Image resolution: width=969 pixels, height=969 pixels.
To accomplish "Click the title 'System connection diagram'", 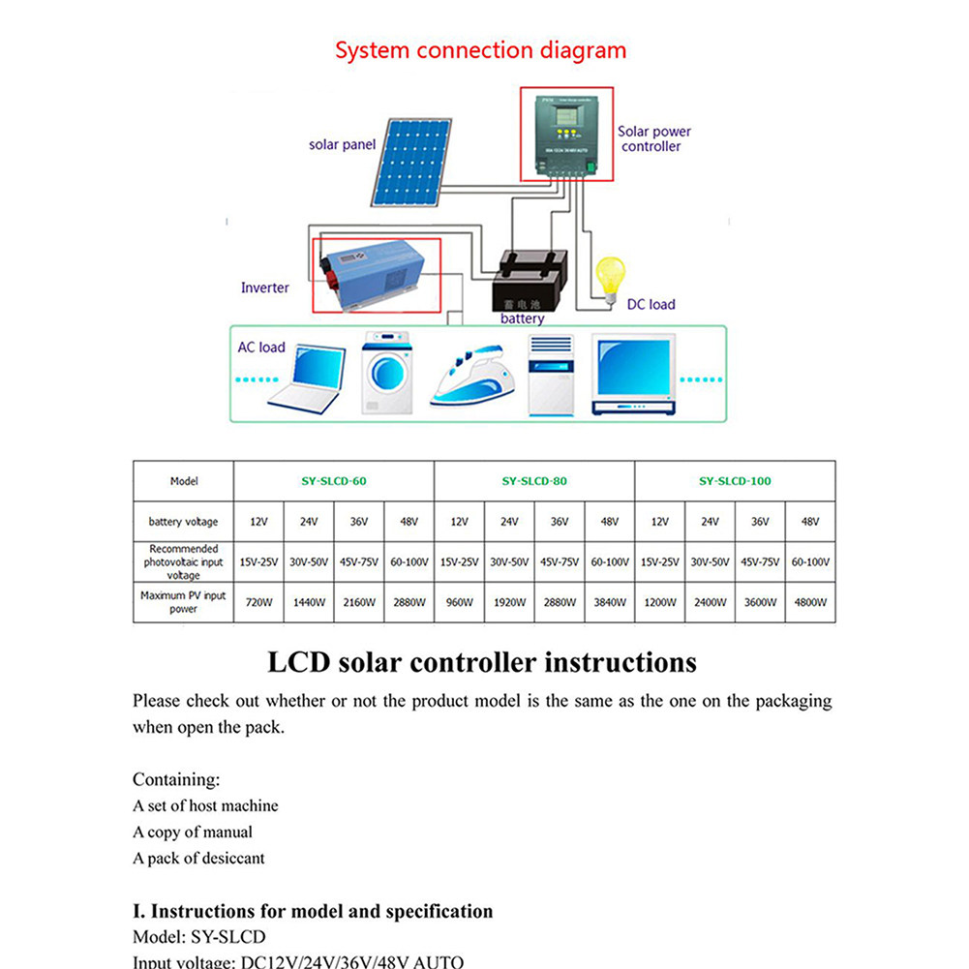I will pyautogui.click(x=480, y=50).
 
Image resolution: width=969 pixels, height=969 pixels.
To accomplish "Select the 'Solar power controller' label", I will pyautogui.click(x=653, y=138).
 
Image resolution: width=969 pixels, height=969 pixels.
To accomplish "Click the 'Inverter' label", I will pyautogui.click(x=265, y=288).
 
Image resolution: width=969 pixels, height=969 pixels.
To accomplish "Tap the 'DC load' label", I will pyautogui.click(x=651, y=304).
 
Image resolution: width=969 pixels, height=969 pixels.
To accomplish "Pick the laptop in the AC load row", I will pyautogui.click(x=303, y=378).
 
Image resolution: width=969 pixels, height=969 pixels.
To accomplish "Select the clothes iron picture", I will pyautogui.click(x=471, y=379).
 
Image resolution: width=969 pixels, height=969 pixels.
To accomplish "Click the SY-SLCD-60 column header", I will pyautogui.click(x=334, y=481).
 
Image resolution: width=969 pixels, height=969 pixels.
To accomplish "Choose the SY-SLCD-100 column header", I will pyautogui.click(x=735, y=481).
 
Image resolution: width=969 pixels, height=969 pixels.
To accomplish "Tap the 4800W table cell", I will pyautogui.click(x=810, y=602).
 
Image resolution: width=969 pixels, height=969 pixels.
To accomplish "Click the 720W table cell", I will pyautogui.click(x=258, y=602).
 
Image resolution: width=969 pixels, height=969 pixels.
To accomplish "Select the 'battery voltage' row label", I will pyautogui.click(x=183, y=522).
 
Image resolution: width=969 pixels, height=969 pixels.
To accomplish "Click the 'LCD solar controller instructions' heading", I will pyautogui.click(x=481, y=662).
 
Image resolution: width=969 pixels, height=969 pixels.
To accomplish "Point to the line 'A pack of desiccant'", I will pyautogui.click(x=198, y=858).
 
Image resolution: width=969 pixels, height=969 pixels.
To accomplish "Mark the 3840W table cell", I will pyautogui.click(x=609, y=602).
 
